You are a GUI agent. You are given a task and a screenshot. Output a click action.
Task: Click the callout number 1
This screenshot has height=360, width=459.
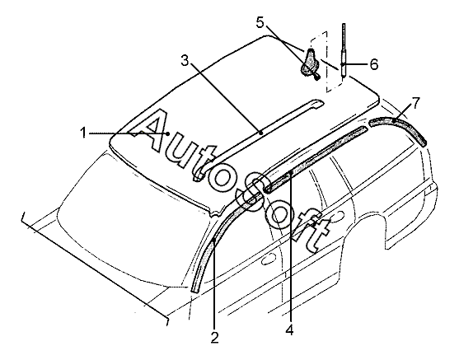click(84, 133)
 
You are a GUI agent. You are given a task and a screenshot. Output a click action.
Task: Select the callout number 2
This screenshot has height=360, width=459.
click(214, 338)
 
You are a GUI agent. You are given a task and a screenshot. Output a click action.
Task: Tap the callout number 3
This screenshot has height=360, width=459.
click(185, 61)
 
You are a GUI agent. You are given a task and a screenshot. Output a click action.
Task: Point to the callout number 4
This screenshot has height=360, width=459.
click(289, 330)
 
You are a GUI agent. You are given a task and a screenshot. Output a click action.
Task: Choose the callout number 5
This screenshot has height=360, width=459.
click(260, 22)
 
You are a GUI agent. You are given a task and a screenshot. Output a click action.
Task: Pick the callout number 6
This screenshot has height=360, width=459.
click(374, 64)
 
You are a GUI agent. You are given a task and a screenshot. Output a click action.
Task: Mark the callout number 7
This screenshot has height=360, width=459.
click(415, 103)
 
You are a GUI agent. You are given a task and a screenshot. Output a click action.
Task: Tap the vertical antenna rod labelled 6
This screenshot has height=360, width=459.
click(344, 49)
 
